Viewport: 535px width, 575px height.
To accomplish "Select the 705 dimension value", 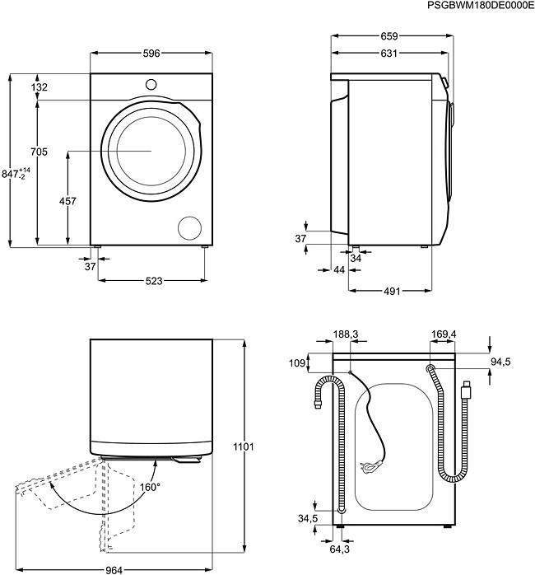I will tap(38, 152).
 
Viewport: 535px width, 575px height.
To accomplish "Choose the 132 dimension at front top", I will tap(39, 87).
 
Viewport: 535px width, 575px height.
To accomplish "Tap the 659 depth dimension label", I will tap(389, 36).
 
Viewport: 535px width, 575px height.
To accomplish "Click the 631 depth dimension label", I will tap(389, 54).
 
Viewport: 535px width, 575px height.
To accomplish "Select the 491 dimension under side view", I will tap(391, 291).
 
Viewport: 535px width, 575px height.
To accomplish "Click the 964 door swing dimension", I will tap(114, 568).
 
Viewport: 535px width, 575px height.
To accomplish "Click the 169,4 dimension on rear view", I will tap(444, 335).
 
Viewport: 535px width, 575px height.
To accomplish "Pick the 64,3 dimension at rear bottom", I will tap(340, 547).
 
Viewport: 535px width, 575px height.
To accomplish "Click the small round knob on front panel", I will tap(151, 83).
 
